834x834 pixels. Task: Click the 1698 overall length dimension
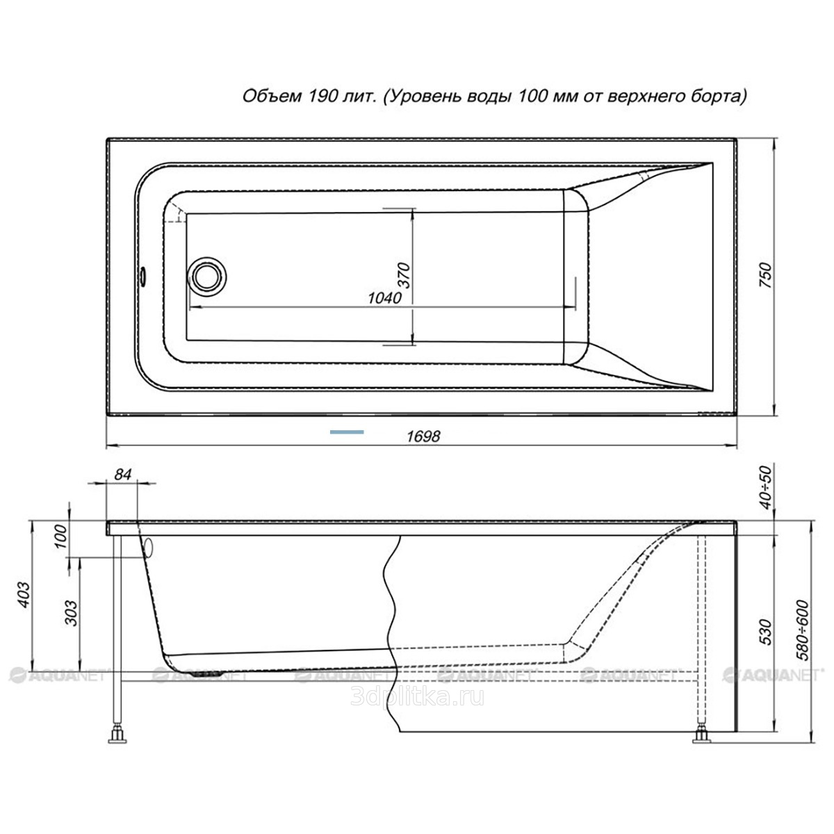pos(423,436)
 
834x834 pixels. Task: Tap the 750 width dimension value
pos(766,276)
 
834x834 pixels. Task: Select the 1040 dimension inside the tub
pos(385,297)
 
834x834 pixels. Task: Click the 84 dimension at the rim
pos(122,475)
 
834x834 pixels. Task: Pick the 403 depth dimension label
pos(24,595)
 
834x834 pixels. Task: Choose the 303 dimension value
pos(71,613)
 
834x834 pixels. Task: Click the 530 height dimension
pos(766,632)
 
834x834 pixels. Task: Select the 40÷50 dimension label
pos(766,487)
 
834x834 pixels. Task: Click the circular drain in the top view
pos(206,277)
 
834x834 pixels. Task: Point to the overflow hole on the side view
pos(149,548)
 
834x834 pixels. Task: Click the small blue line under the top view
pos(347,432)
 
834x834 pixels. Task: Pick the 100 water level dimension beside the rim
pos(62,537)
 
